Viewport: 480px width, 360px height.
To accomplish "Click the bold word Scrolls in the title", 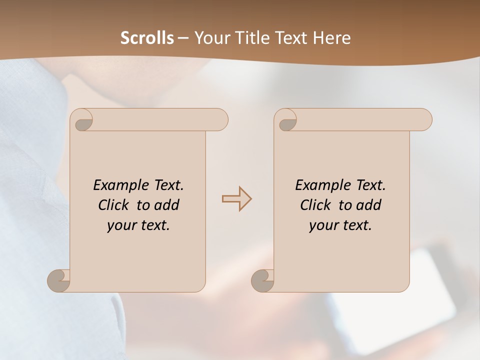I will click(x=147, y=38).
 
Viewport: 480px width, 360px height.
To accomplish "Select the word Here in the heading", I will click(x=331, y=38).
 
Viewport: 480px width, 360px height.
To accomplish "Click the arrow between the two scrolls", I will click(x=236, y=199).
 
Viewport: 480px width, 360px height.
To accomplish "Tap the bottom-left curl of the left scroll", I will click(x=58, y=280).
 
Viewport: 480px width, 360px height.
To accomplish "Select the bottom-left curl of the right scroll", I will click(x=262, y=280).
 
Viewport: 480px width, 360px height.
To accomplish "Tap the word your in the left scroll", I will click(x=121, y=225).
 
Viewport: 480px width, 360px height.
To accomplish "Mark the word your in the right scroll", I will click(x=323, y=225).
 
